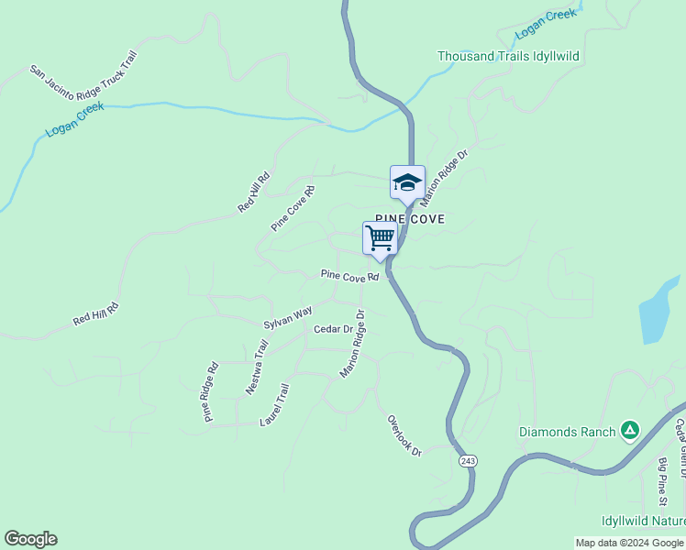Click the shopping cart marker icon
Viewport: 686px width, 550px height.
(380, 238)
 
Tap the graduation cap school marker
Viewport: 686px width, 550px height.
(407, 182)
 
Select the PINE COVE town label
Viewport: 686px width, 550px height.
(410, 219)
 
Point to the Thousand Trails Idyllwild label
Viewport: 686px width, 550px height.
(508, 56)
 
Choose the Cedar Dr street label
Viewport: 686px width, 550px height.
(333, 329)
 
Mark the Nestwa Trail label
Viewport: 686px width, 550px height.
(257, 368)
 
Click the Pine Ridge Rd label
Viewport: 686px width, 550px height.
(211, 392)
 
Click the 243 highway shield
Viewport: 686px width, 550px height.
(468, 460)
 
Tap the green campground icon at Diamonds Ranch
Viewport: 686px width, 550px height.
(629, 429)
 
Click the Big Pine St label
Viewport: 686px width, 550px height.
(663, 481)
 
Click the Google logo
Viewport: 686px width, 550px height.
(30, 539)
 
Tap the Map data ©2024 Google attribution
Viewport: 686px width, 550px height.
(629, 543)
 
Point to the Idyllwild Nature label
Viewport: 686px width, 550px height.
(643, 521)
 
